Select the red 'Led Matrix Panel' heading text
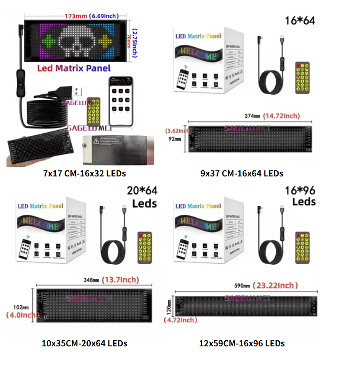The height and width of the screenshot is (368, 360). (x=74, y=68)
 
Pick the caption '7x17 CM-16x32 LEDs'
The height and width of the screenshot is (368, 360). (x=85, y=173)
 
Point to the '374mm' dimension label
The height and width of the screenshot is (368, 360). (x=253, y=116)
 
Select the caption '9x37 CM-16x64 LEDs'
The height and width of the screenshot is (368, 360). (x=242, y=173)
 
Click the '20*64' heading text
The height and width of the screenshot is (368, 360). (x=142, y=191)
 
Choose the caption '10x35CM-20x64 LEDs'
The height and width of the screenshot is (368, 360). (x=85, y=343)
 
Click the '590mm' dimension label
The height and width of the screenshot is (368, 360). (x=242, y=286)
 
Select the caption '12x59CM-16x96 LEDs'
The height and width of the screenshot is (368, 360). (x=242, y=343)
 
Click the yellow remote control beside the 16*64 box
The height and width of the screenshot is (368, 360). (x=302, y=78)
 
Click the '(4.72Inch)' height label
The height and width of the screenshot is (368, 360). (x=181, y=320)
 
